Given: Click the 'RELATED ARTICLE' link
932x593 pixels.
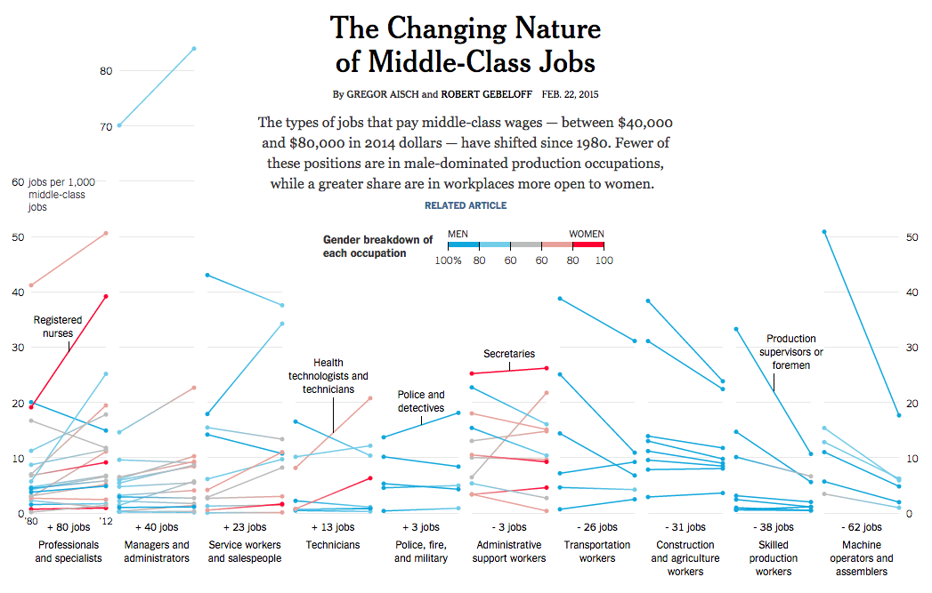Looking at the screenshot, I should click(465, 205).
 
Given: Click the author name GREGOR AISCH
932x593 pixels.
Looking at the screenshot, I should click(382, 94).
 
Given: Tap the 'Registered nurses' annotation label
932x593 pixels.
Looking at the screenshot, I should click(58, 326).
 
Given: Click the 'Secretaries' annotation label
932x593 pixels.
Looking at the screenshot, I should click(508, 354).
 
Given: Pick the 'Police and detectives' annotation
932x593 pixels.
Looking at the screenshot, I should click(421, 400).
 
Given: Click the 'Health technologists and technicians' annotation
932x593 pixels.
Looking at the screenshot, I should click(328, 376).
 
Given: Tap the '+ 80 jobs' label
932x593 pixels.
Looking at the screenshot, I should click(68, 528).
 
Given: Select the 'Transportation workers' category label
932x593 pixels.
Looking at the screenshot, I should click(596, 551).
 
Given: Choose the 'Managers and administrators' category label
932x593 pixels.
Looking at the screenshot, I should click(156, 551).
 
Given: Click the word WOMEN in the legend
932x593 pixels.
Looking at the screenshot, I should click(587, 235).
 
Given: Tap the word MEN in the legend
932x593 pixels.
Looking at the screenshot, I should click(458, 235).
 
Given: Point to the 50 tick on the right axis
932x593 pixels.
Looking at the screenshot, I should click(912, 236).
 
